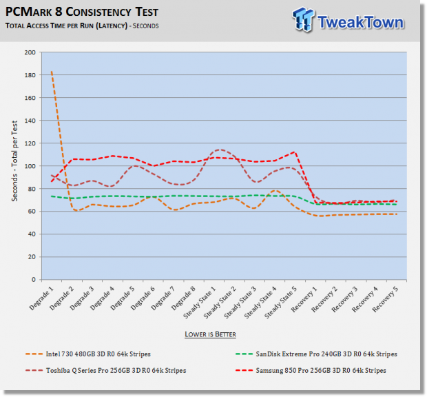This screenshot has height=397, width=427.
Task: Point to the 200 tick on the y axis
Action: coord(31,52)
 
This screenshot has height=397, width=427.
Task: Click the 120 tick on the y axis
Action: coord(31,143)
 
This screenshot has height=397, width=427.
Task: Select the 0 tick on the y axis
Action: coord(35,280)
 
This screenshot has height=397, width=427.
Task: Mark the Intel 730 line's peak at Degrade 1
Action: coord(51,72)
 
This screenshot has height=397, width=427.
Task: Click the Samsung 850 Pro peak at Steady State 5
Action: coord(295,152)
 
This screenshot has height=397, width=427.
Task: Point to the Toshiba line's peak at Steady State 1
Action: coord(220,150)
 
